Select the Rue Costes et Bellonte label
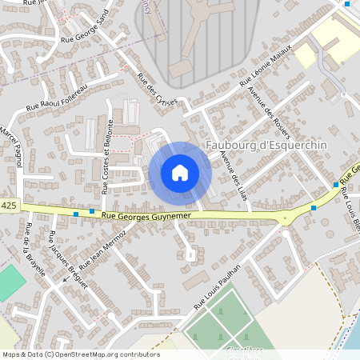[106, 157]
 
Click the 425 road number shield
[9, 206]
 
